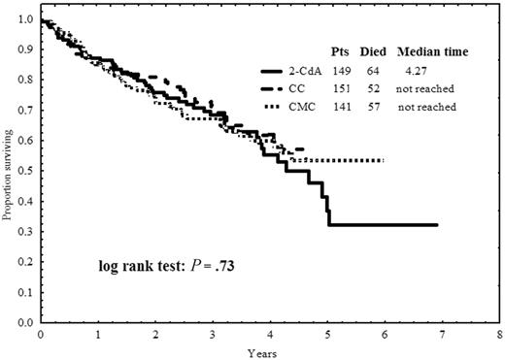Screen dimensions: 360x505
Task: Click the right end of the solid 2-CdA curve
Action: point(437,225)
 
